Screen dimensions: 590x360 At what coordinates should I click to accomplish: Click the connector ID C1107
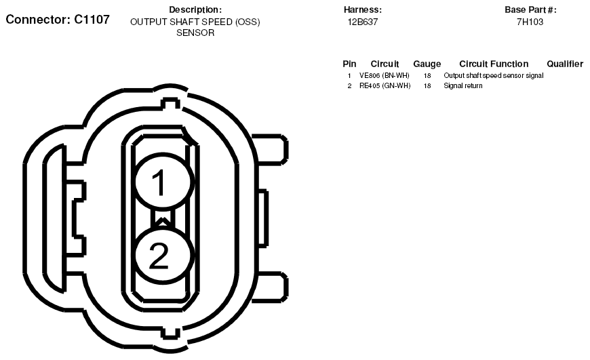(92, 19)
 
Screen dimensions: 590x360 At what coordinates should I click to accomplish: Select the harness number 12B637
(362, 22)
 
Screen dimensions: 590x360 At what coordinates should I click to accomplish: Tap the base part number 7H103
(530, 22)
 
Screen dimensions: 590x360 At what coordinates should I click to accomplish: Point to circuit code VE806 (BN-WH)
(384, 76)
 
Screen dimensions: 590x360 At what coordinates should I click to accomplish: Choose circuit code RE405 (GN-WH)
(385, 86)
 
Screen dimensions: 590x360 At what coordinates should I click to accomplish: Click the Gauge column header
(427, 64)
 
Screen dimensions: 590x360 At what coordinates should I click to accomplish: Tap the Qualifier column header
(565, 64)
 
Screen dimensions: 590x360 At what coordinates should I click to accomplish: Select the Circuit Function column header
(494, 64)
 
